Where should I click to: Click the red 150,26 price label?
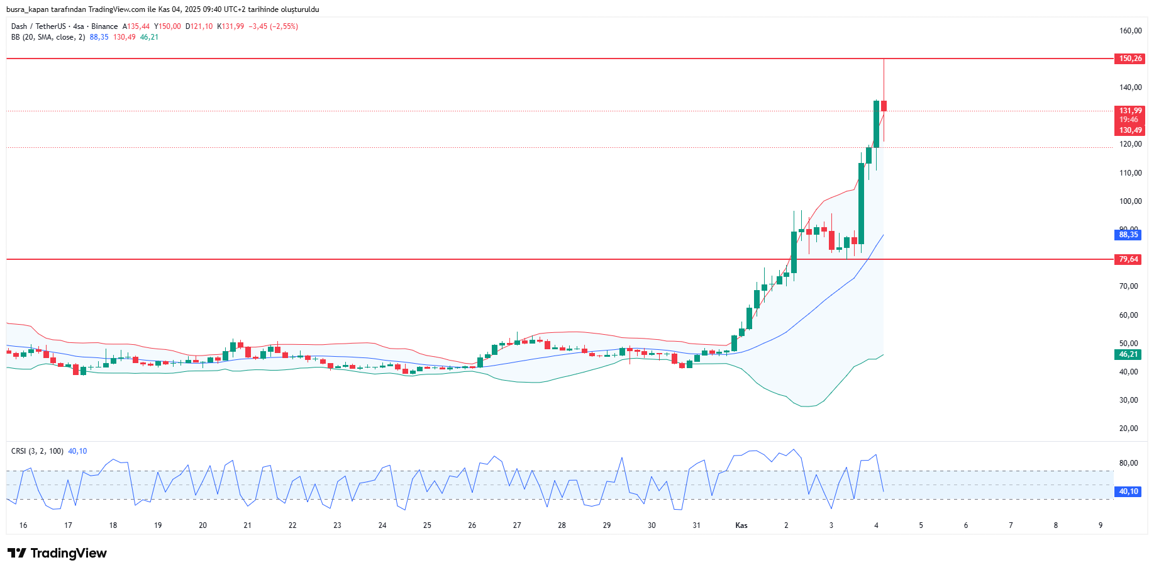[x=1129, y=59]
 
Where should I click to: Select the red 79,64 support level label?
[x=1128, y=259]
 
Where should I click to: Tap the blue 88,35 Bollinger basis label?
[x=1128, y=235]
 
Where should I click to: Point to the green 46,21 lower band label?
[x=1128, y=354]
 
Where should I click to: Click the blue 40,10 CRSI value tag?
[x=1128, y=491]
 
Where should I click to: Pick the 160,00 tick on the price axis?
[x=1130, y=31]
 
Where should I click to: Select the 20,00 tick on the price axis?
[x=1128, y=429]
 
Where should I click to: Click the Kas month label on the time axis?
[x=741, y=525]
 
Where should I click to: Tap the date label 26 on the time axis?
[x=472, y=525]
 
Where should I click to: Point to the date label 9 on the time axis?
[x=1101, y=525]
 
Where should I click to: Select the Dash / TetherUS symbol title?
[x=38, y=26]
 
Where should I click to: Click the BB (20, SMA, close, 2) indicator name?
[x=48, y=37]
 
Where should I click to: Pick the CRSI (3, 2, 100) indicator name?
[x=37, y=451]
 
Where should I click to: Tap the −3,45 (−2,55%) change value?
[x=273, y=26]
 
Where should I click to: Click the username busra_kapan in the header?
[x=30, y=9]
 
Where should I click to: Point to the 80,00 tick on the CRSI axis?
[x=1128, y=463]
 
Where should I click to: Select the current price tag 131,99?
[x=1129, y=111]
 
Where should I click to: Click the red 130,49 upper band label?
[x=1129, y=130]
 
